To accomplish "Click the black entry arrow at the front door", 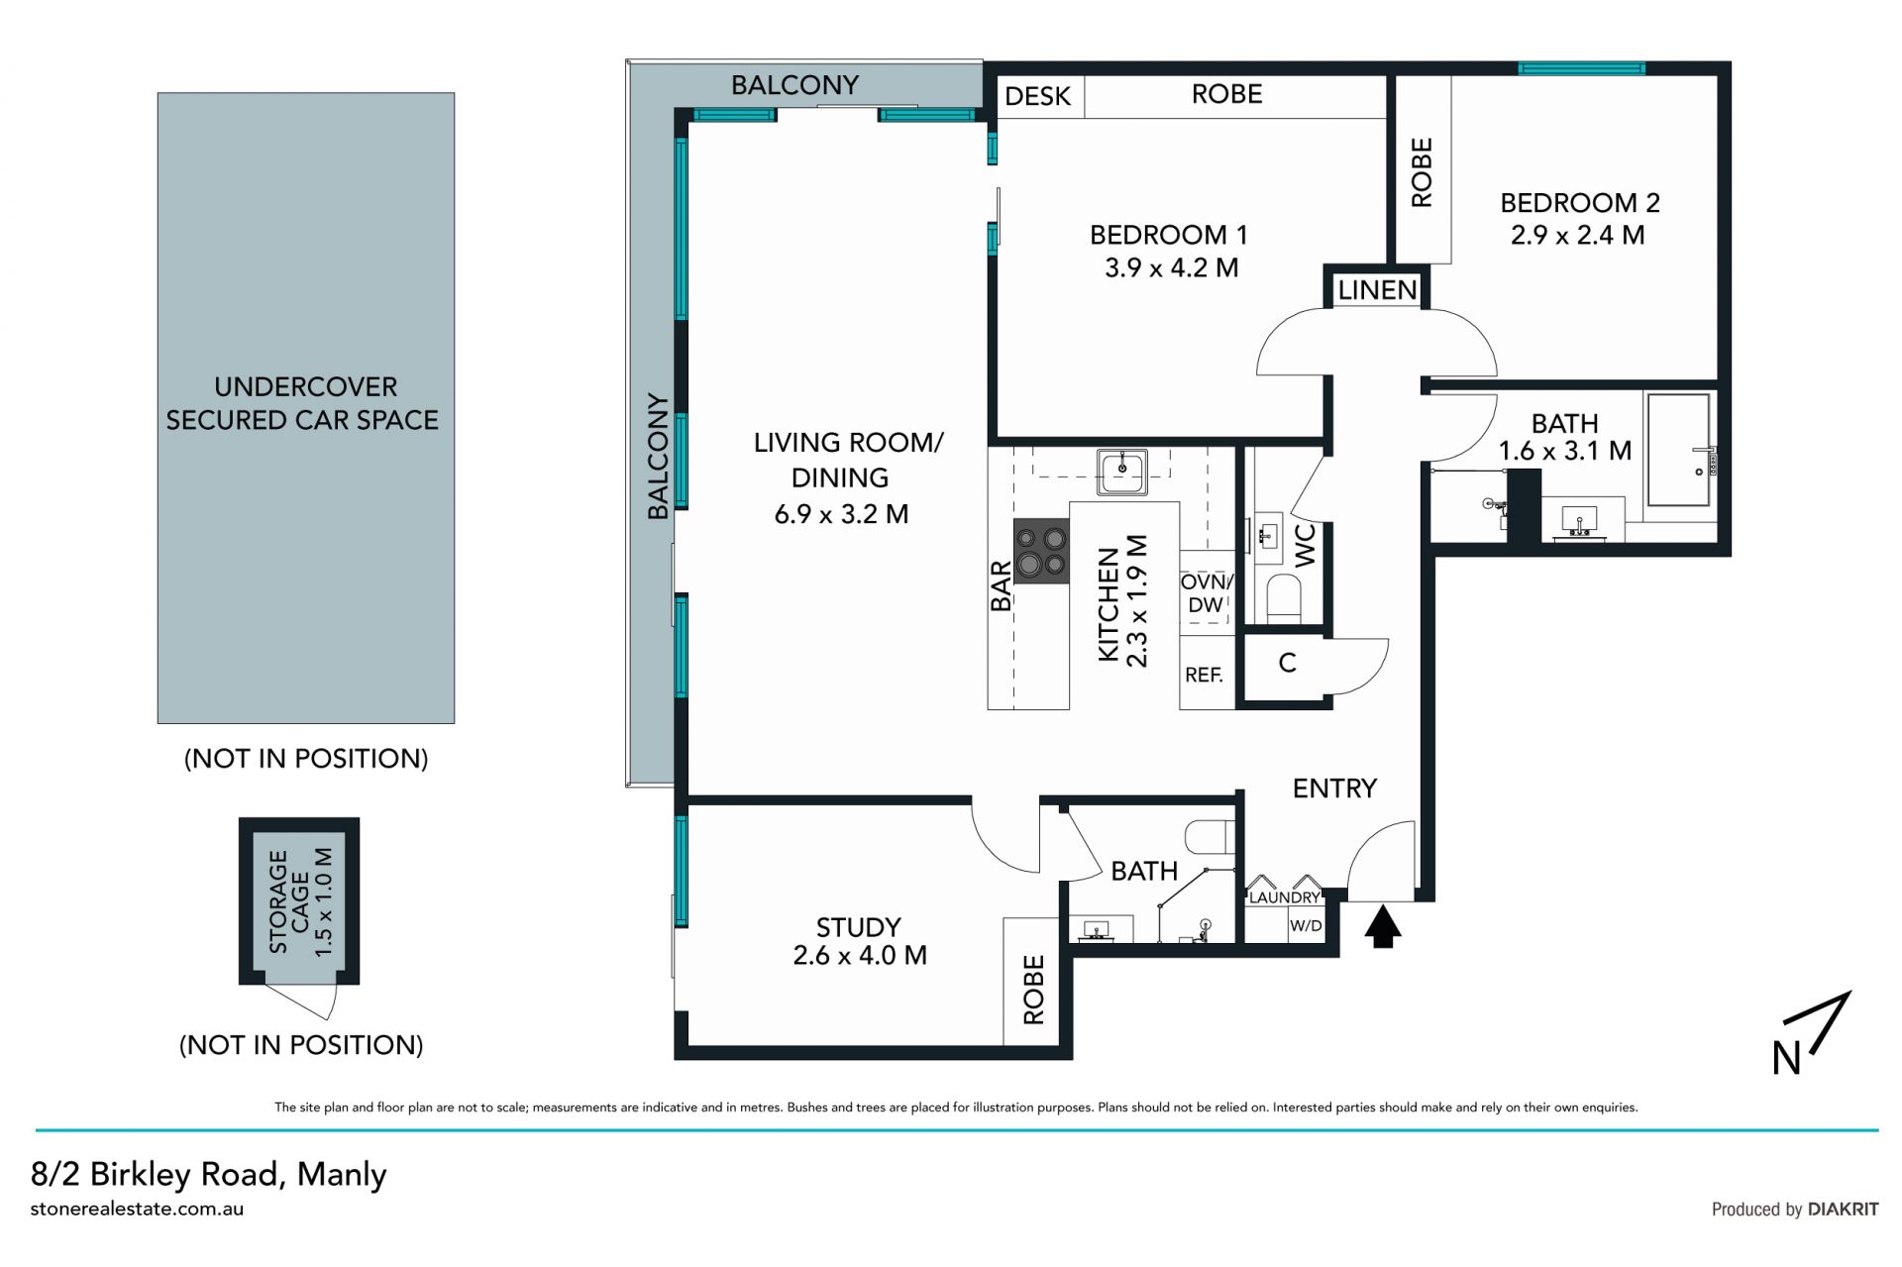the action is [x=1383, y=928].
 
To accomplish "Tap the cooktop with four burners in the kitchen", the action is [x=1041, y=552].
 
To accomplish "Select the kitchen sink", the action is [x=1122, y=471].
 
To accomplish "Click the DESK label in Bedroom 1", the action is [x=1037, y=96].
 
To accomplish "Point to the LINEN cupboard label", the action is [x=1377, y=290].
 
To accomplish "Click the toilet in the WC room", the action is [x=1284, y=598].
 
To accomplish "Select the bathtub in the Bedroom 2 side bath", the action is [x=1678, y=450].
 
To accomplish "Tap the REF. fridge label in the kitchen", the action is [x=1204, y=675].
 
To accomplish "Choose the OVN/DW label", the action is [x=1206, y=593].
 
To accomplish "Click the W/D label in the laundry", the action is [x=1306, y=926].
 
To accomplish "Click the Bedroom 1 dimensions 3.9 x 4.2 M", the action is [x=1171, y=268].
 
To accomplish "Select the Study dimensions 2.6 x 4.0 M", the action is [x=860, y=956].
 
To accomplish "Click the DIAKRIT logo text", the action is [x=1843, y=1210].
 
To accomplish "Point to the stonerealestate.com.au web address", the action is [x=137, y=1209].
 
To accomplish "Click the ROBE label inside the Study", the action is [x=1033, y=990].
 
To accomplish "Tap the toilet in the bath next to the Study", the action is [x=1210, y=836].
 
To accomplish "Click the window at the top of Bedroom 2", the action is [x=1581, y=68].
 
